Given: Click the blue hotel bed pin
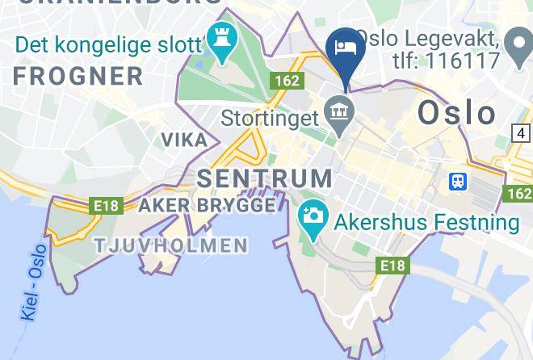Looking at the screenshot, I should pos(346,48).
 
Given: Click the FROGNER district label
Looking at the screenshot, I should pos(78,77).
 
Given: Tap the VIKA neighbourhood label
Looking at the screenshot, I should pos(184,140).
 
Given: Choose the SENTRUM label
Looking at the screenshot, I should pos(264,178).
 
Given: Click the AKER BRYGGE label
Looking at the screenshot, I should pos(207,205).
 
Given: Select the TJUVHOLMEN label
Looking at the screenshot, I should pos(171,245).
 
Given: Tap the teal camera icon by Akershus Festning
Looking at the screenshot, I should pos(312,216).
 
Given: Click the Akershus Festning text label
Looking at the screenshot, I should pos(427,221).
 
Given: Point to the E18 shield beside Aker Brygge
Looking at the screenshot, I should pos(107,206).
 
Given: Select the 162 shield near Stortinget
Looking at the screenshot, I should pos(287,81).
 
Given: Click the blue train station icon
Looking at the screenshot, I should pos(458,181).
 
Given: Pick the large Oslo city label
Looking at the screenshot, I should pos(456,113).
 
